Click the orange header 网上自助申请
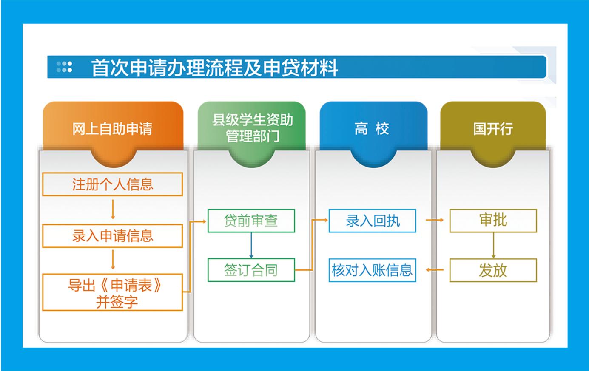click(x=113, y=129)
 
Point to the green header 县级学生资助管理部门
click(x=252, y=129)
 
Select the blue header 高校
click(x=373, y=129)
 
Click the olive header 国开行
click(x=493, y=129)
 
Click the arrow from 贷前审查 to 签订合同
click(x=251, y=245)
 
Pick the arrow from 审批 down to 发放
click(x=493, y=245)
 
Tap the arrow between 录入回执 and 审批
click(x=434, y=220)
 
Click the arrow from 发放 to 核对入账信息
click(x=434, y=270)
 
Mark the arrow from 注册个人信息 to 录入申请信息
click(x=113, y=210)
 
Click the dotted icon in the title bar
click(x=64, y=67)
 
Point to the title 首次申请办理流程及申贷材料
click(x=215, y=68)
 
